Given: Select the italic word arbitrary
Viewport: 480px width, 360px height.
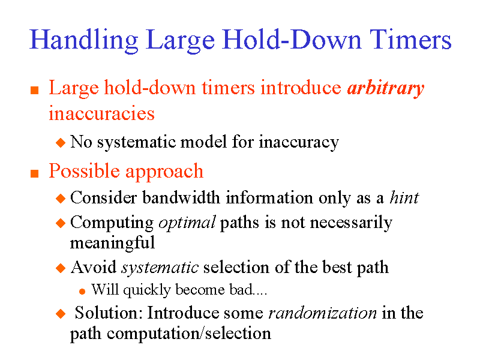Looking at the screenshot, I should coord(386,88).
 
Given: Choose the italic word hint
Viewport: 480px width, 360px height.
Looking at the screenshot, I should coord(404,197).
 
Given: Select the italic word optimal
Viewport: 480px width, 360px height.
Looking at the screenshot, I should coord(187,223).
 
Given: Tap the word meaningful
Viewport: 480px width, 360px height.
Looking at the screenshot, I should coord(112,242).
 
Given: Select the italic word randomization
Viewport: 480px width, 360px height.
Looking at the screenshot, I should coord(322,313).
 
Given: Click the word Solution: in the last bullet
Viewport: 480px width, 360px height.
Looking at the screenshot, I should coord(109,313).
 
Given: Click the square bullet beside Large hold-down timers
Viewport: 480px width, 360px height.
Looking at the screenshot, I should coord(34,90).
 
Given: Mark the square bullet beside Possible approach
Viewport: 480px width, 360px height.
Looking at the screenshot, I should coord(34,173).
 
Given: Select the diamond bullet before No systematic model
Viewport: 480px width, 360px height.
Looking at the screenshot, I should coord(59,143).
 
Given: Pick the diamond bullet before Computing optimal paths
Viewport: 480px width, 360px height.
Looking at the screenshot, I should coord(59,223).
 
